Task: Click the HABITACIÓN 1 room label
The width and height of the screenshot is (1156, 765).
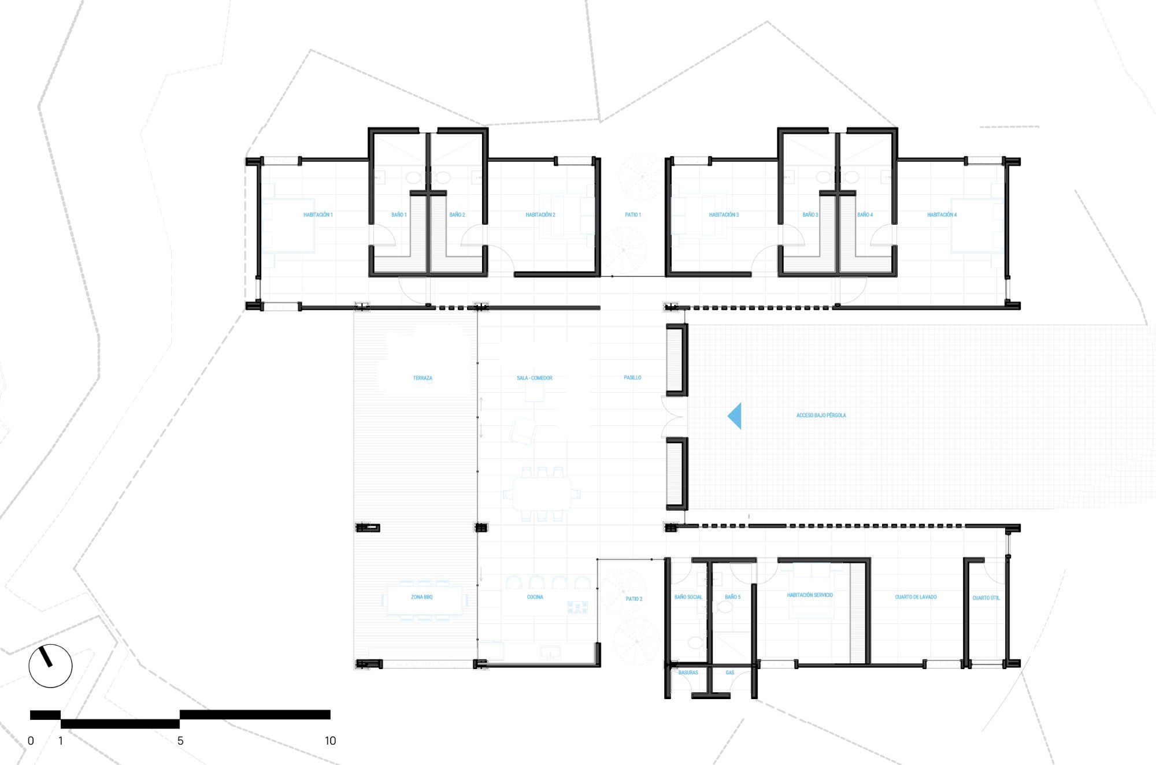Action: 318,215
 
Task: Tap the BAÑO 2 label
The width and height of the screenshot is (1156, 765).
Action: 457,215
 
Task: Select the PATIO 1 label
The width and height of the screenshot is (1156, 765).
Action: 633,215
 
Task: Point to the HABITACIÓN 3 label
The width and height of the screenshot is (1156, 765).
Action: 724,215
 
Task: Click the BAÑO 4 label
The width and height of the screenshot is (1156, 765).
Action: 865,215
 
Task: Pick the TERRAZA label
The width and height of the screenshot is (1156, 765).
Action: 423,378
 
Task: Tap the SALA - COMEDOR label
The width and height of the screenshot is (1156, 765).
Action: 535,378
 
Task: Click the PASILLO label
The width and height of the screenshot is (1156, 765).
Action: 632,378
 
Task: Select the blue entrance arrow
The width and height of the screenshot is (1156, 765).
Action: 735,416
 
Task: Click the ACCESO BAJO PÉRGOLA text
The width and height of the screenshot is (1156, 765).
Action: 821,415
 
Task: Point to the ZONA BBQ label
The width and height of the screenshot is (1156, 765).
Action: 422,597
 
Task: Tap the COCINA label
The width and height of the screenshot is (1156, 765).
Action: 535,597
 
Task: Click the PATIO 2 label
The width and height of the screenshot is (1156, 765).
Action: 634,599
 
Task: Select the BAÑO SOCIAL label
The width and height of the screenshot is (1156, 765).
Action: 688,597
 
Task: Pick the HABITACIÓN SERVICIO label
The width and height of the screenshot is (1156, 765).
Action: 810,595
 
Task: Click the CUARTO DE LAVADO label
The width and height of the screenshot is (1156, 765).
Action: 916,597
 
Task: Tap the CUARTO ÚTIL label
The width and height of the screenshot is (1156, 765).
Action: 986,598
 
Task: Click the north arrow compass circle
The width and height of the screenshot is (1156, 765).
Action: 50,645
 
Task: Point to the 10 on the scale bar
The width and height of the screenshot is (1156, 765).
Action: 330,741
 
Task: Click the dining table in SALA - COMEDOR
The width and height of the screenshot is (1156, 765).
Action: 542,494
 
